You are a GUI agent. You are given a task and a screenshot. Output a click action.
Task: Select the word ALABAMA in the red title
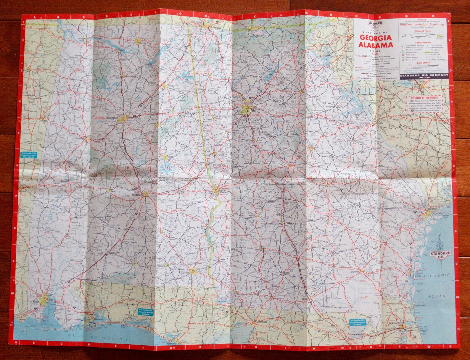click(x=376, y=45)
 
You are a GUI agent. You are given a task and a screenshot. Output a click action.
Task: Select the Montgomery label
click(x=137, y=195)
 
